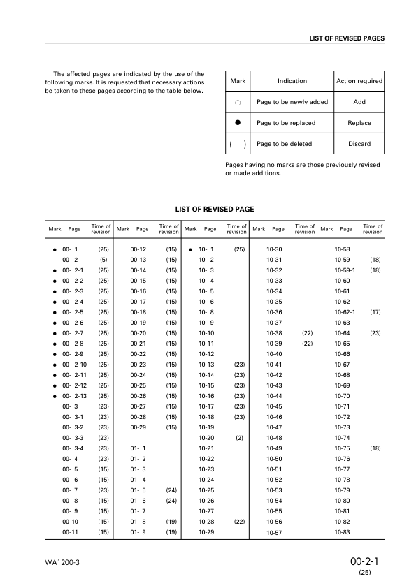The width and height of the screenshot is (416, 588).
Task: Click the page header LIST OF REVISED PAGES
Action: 347,38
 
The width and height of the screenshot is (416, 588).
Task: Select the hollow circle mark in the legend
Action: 238,102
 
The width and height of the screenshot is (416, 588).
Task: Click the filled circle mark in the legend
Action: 238,123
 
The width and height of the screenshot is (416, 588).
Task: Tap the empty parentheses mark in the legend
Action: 238,144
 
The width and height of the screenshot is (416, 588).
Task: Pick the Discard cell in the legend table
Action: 359,144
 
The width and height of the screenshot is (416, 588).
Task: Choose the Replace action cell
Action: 359,123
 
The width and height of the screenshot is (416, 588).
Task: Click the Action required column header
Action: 359,81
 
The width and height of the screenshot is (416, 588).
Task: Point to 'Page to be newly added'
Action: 292,102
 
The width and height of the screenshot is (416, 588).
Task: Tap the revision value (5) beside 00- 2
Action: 103,259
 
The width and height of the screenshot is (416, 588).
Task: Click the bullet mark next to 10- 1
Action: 190,249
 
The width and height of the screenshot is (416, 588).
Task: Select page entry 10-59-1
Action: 345,270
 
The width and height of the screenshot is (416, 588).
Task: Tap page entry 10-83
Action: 343,532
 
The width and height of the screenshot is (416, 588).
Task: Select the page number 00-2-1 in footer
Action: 364,561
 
